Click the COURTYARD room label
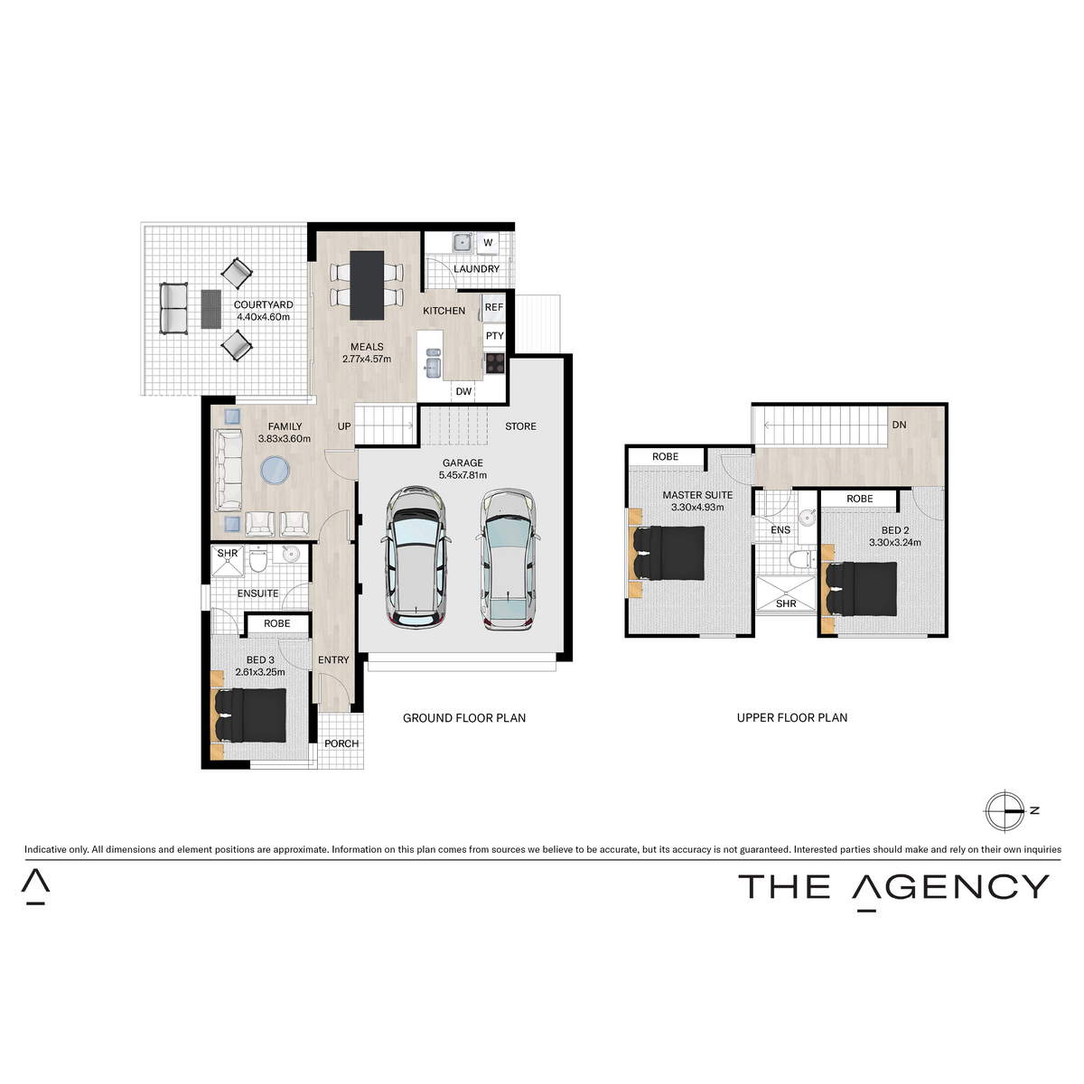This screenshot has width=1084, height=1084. coord(263,305)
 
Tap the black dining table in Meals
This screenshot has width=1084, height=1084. coord(367,285)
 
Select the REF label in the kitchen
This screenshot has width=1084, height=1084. coord(494,307)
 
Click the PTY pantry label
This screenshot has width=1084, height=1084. coord(494,336)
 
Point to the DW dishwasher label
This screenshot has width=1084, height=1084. coord(463,391)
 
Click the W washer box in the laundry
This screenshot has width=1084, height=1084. coord(488,243)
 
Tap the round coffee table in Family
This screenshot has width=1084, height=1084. coord(275,470)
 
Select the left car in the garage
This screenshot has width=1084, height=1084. coord(416,558)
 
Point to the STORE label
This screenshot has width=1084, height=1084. coord(520,426)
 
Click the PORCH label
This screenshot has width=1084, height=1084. coord(341,743)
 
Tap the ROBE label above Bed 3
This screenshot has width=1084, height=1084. coord(277,623)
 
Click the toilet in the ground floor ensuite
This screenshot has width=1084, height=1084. coord(257,562)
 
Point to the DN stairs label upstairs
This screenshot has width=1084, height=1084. coord(899,425)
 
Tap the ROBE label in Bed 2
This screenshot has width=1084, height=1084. coord(859,499)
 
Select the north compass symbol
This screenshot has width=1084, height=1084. coord(1005,811)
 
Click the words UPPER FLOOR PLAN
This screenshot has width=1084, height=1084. coord(792,718)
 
